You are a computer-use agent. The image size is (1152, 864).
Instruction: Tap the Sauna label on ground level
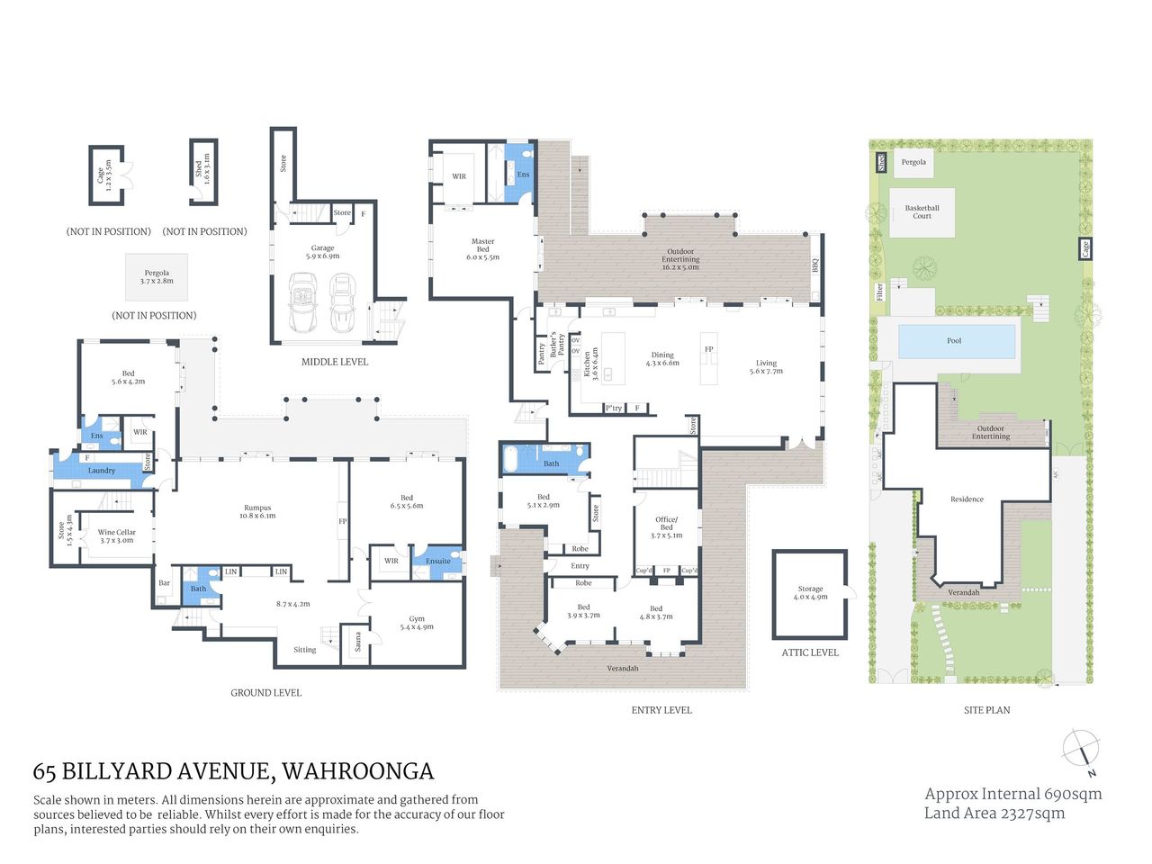(357, 642)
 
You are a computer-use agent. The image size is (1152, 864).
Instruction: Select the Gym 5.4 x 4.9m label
(417, 623)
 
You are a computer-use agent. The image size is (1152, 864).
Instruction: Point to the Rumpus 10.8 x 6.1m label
(257, 512)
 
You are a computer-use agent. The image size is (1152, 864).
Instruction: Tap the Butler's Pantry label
(558, 346)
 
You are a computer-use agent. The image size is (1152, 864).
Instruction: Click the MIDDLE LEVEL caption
(334, 362)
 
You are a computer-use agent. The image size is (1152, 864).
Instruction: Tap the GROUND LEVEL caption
(265, 693)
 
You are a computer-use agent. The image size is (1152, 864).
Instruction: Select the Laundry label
(101, 471)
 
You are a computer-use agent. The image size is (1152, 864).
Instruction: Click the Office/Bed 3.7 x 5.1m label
(666, 527)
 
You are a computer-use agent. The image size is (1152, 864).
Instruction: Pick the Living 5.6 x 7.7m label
(766, 367)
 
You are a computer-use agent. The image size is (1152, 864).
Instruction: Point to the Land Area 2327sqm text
(994, 814)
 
